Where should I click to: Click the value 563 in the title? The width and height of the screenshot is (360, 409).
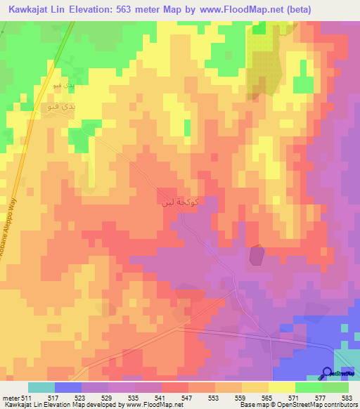point(142,9)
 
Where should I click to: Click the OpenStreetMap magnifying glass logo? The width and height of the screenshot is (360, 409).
point(327,373)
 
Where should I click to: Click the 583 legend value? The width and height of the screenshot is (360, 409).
point(349,397)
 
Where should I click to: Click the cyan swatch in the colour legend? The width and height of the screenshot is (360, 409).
point(41,387)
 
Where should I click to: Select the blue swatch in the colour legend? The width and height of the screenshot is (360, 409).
point(68,387)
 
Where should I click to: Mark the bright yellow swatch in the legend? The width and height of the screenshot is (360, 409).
point(282,387)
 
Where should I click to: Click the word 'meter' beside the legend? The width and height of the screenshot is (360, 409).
point(10,397)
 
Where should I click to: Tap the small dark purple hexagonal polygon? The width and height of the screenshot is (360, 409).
point(257,255)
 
